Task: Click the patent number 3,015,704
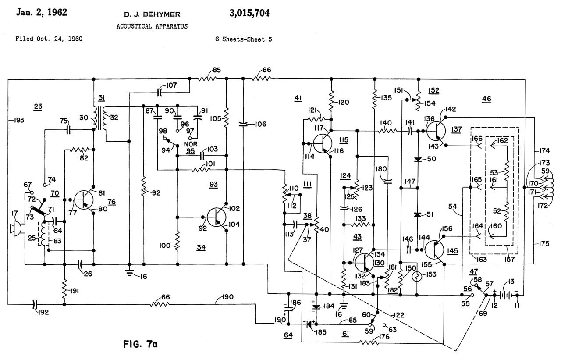[x=249, y=13]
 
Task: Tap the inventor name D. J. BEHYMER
[x=151, y=13]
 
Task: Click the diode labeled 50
[x=418, y=159]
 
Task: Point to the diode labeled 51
[x=418, y=215]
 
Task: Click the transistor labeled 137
[x=436, y=130]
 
